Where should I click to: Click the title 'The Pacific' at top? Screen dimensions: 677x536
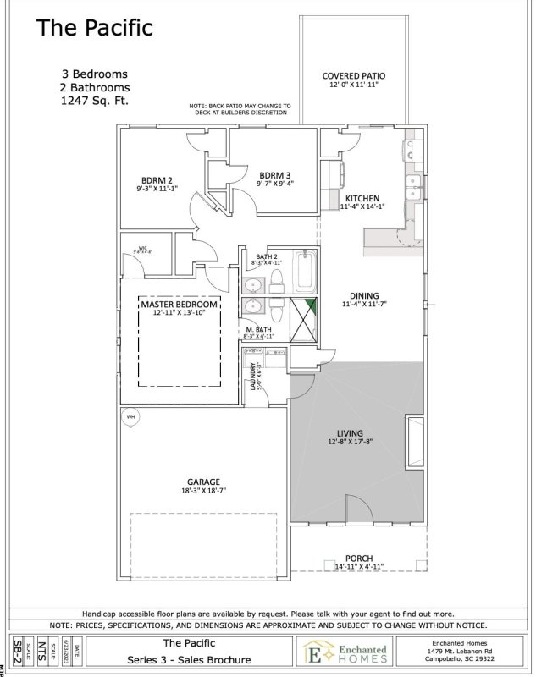94,28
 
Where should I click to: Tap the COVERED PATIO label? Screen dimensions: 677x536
354,75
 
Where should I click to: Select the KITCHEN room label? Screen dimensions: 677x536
362,198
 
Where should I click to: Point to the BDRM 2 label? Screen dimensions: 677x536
157,179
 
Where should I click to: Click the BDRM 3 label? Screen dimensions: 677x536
274,174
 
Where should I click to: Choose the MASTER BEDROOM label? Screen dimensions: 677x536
180,304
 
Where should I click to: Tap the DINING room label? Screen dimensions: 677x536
363,295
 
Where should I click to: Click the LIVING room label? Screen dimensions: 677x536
351,432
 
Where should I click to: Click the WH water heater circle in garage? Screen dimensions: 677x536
131,417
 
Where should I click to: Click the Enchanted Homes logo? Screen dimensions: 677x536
345,652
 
